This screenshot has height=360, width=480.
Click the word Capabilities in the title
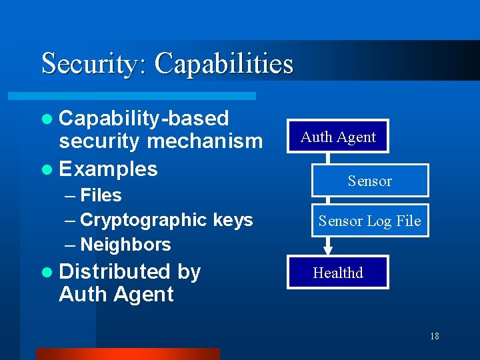[223, 63]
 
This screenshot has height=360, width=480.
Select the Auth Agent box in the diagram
[338, 137]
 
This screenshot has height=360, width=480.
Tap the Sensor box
[369, 181]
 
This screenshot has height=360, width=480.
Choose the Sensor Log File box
[369, 221]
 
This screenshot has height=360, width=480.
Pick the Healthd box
[338, 273]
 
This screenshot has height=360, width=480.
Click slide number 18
[434, 336]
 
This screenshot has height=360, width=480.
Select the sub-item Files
[101, 195]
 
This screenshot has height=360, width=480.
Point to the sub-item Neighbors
[125, 245]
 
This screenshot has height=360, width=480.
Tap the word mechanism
[205, 141]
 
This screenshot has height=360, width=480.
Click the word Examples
[108, 169]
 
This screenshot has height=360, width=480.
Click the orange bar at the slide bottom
[127, 353]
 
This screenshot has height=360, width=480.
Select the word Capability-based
[144, 119]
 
